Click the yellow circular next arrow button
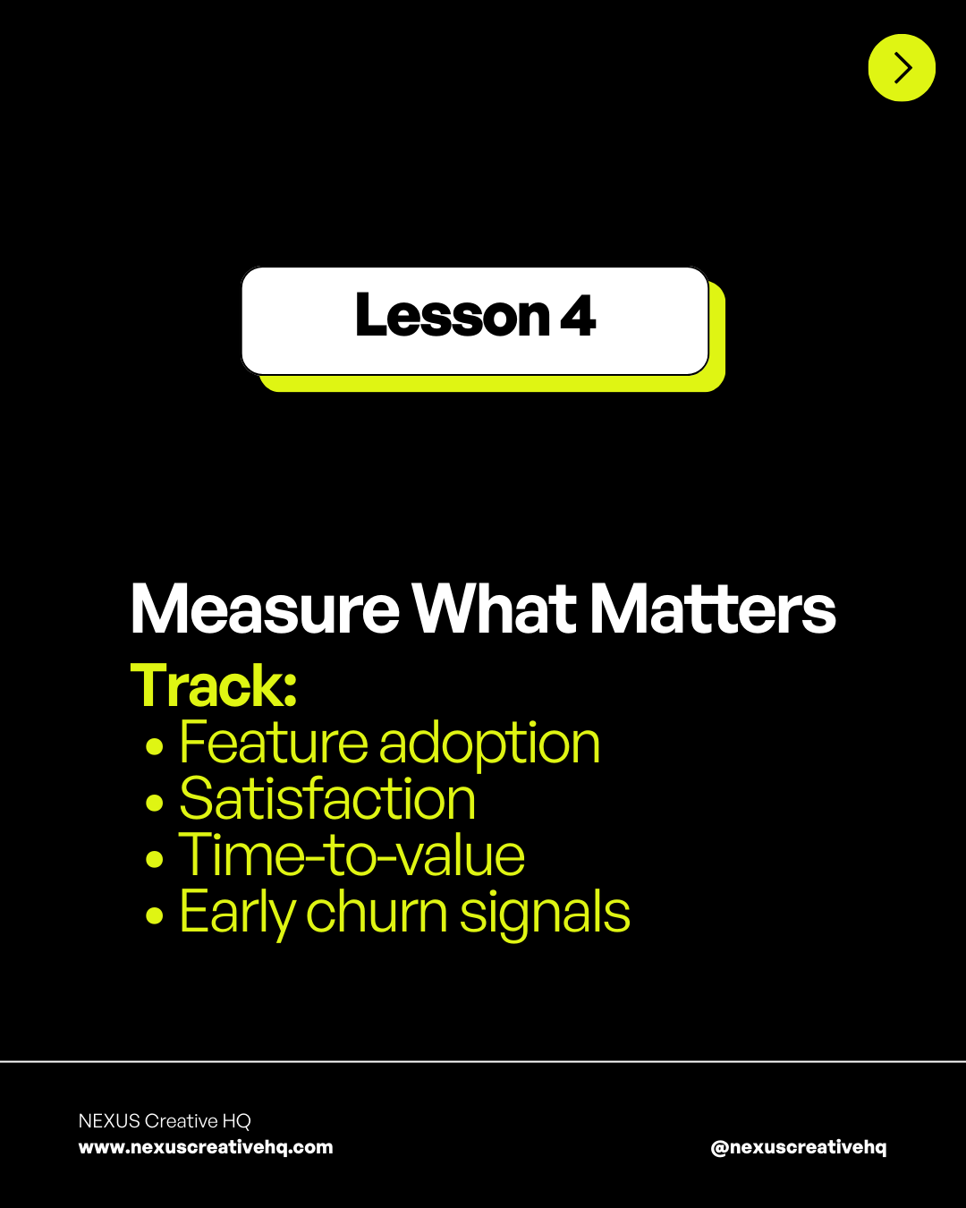902,68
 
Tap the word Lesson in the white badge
452,316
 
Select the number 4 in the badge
578,316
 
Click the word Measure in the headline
265,609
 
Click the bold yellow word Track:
214,686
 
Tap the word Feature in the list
274,743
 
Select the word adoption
489,744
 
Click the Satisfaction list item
327,799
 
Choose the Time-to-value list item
352,855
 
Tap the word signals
545,914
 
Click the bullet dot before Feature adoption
155,745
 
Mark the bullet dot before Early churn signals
155,915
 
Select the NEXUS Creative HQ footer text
165,1121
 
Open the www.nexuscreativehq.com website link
206,1147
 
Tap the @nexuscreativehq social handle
799,1147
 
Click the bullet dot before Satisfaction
155,803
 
